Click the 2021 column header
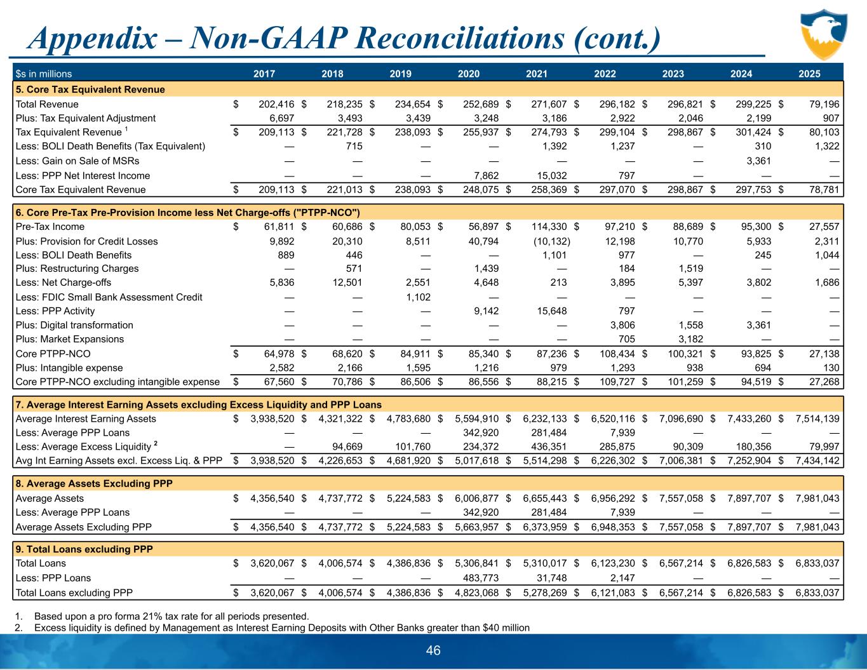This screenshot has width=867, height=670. (537, 74)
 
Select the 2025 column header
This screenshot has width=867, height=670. (809, 74)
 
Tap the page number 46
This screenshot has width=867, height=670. (433, 650)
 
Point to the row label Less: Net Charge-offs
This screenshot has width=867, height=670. (63, 283)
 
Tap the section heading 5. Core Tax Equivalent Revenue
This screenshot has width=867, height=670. (90, 90)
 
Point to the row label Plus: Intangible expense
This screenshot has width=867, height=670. (69, 368)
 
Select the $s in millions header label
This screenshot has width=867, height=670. (44, 74)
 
